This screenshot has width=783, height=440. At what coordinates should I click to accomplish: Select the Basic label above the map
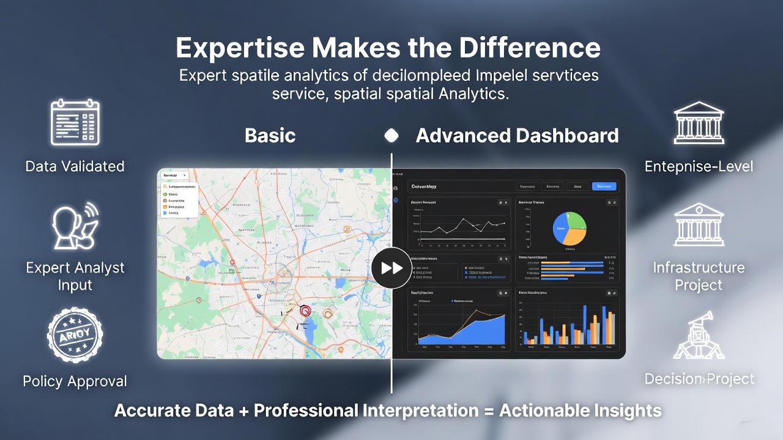coord(270,135)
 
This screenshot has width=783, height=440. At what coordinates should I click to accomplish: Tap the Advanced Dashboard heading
coord(517,135)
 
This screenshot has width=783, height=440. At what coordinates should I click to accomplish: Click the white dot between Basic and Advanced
coord(391,135)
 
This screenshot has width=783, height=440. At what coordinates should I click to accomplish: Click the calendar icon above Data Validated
coord(75,122)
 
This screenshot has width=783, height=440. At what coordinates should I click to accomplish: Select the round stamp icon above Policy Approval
coord(75,335)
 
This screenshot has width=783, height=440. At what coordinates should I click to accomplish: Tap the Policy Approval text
coord(75,381)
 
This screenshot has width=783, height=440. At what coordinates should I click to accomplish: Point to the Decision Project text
coord(699,379)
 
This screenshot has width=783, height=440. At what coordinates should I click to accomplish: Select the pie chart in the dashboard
coord(570,229)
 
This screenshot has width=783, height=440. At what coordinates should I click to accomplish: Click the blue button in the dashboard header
coord(604,186)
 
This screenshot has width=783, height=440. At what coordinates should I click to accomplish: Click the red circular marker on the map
coord(305,310)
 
